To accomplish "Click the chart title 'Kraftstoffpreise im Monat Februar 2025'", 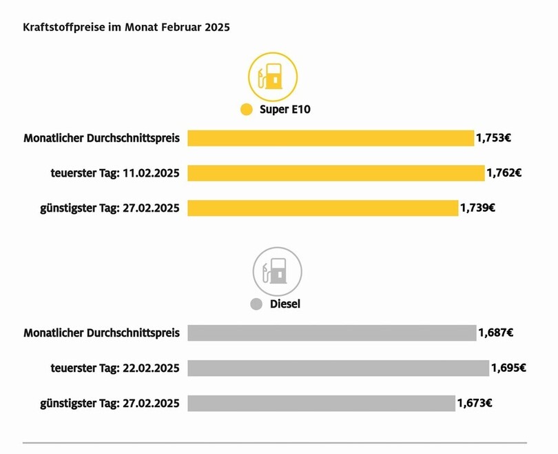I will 126,28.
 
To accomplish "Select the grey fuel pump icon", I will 277,270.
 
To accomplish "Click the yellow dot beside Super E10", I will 247,110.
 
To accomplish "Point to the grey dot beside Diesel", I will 256,304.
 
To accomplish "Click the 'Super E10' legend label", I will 285,110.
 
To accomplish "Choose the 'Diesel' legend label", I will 285,304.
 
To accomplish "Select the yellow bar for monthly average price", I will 331,138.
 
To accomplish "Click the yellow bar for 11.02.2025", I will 335,172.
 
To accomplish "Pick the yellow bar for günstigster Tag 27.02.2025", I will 322,208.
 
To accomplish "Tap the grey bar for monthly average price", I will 331,333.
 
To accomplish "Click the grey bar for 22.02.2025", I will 338,368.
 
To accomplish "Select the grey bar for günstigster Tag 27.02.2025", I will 321,403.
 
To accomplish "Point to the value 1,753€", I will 493,138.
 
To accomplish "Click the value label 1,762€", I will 504,172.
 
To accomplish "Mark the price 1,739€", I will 477,208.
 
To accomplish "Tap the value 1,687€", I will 495,333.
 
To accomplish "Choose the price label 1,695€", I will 508,368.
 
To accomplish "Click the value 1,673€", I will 474,403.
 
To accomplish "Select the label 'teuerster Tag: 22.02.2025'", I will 115,368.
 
